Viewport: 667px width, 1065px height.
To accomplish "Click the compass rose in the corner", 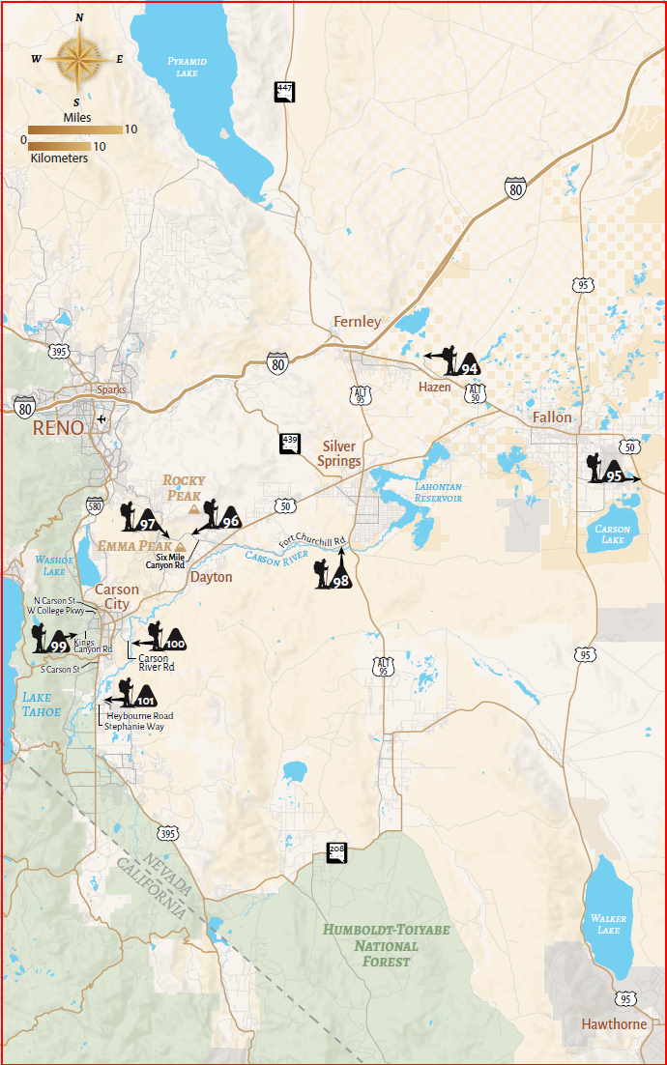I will [78, 59].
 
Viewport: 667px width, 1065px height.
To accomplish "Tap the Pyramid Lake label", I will [187, 67].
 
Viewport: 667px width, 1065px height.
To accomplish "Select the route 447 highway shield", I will [284, 91].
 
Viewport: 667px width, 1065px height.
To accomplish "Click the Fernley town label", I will [357, 322].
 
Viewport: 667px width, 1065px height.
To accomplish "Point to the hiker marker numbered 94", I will [456, 360].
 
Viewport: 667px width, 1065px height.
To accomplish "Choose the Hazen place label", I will [434, 387].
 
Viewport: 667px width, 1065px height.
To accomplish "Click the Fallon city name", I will [552, 417].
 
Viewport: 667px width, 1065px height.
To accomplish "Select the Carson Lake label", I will [612, 534].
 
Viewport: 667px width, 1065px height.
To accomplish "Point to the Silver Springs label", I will [339, 453].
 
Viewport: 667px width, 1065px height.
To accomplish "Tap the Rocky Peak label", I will [184, 487].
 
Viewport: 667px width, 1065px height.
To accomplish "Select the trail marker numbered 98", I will [334, 570].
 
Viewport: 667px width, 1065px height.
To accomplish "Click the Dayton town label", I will [211, 577].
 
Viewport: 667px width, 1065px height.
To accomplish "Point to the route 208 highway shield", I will [336, 851].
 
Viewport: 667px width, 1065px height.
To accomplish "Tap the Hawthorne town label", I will [614, 1023].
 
